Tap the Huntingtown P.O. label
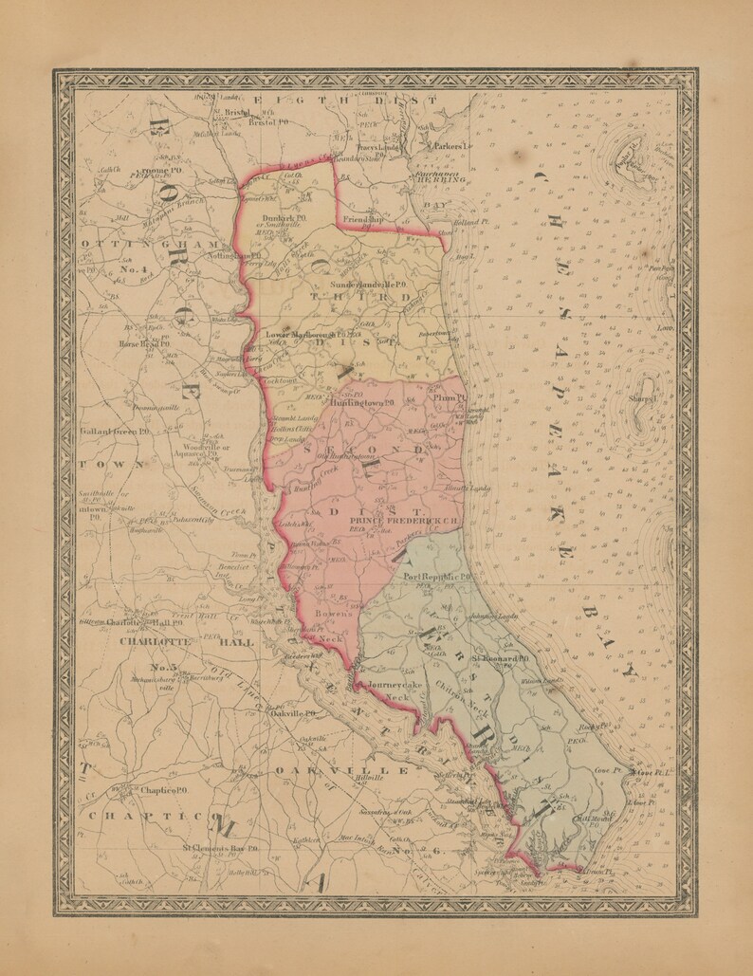click(360, 401)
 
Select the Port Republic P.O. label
click(438, 577)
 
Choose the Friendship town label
click(363, 219)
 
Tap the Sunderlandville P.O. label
click(368, 285)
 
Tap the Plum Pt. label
click(445, 399)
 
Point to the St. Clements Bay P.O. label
click(220, 849)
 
